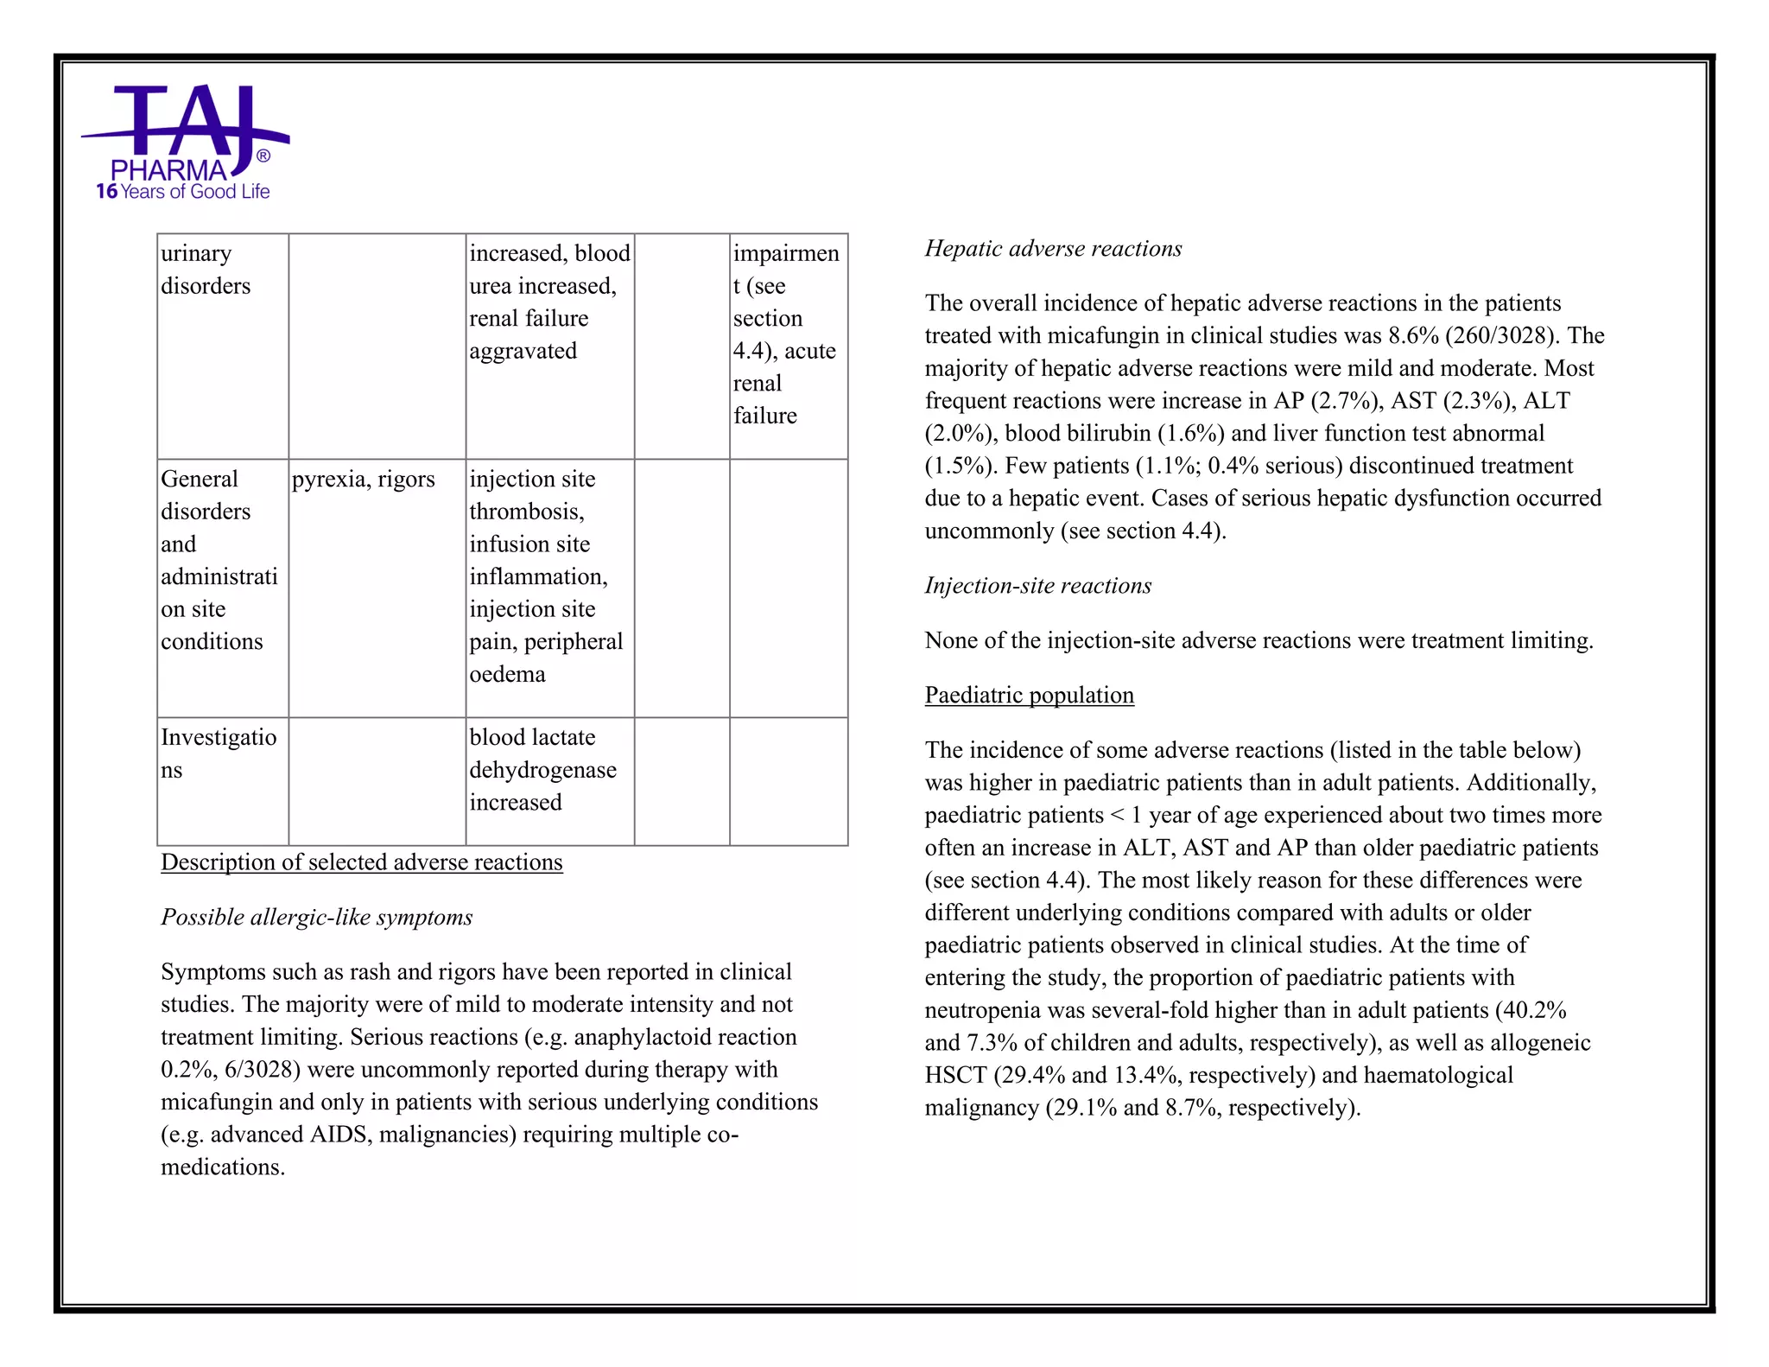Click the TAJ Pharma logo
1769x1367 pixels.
tap(184, 130)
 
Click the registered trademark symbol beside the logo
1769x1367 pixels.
tap(263, 156)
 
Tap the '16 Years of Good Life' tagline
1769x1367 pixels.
tap(183, 192)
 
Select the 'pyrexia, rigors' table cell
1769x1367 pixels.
tap(364, 480)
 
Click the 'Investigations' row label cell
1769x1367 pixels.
tap(219, 753)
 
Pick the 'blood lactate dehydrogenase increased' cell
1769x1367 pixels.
tap(542, 770)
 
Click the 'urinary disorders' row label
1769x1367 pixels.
tap(205, 270)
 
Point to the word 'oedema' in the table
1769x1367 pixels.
tap(507, 674)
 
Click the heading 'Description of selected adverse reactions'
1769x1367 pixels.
tap(361, 862)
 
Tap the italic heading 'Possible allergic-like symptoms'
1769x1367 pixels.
tap(316, 918)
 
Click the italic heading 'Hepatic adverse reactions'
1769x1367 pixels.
tap(1052, 249)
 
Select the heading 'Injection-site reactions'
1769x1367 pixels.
tap(1037, 586)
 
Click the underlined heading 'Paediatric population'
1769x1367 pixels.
tap(1029, 696)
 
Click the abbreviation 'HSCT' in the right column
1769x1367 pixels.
tap(955, 1076)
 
